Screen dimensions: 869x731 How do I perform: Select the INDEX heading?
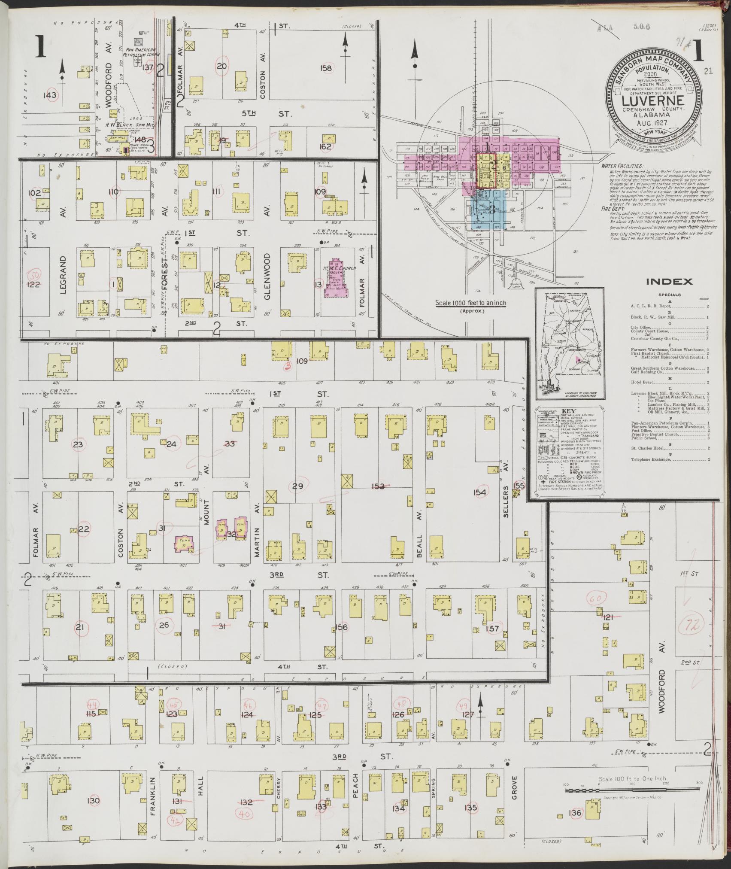click(669, 282)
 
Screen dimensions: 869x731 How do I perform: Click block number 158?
click(326, 68)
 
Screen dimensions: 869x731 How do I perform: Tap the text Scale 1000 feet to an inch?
click(470, 303)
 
